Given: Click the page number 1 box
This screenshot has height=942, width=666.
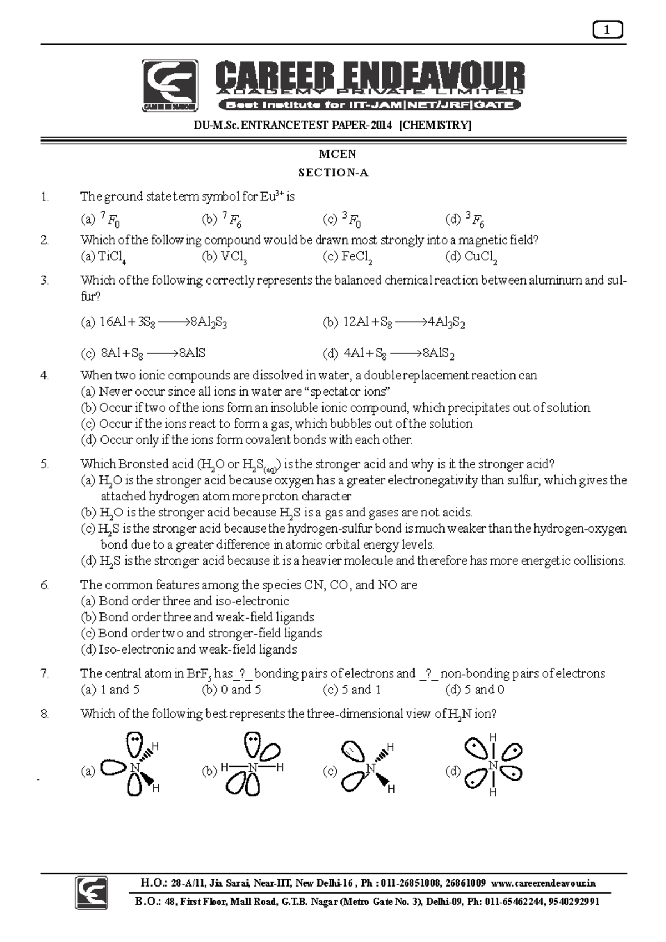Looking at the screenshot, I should (x=608, y=31).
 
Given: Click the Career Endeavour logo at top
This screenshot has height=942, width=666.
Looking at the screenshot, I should (x=170, y=86).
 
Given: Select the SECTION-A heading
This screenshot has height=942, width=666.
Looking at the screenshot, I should (x=334, y=173).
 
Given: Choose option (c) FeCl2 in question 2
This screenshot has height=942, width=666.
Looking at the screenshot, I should (x=347, y=257).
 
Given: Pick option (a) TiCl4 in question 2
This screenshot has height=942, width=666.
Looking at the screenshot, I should (x=105, y=257).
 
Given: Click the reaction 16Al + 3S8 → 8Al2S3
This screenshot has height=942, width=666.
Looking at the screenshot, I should (x=163, y=322).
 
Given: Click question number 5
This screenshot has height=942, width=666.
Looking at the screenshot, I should (x=45, y=464).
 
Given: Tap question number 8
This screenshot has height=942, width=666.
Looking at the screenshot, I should (x=45, y=714).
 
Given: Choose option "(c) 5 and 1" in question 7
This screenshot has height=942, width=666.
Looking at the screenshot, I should (x=351, y=690).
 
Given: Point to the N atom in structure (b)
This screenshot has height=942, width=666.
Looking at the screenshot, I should (x=253, y=767).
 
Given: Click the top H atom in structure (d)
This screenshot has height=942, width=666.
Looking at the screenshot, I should (x=492, y=738).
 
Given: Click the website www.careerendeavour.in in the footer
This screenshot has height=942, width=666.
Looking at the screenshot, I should (x=544, y=883).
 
